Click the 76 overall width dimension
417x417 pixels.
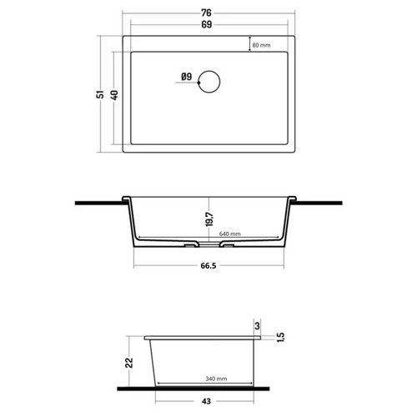(205, 12)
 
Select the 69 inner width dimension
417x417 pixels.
(205, 27)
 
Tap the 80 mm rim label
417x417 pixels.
(262, 46)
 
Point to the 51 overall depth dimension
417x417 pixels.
(100, 95)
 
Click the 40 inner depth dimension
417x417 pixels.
(114, 93)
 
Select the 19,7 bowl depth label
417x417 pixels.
(212, 219)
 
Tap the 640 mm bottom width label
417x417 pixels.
(231, 234)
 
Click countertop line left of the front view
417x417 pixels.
(96, 201)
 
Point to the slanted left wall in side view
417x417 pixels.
(153, 363)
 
